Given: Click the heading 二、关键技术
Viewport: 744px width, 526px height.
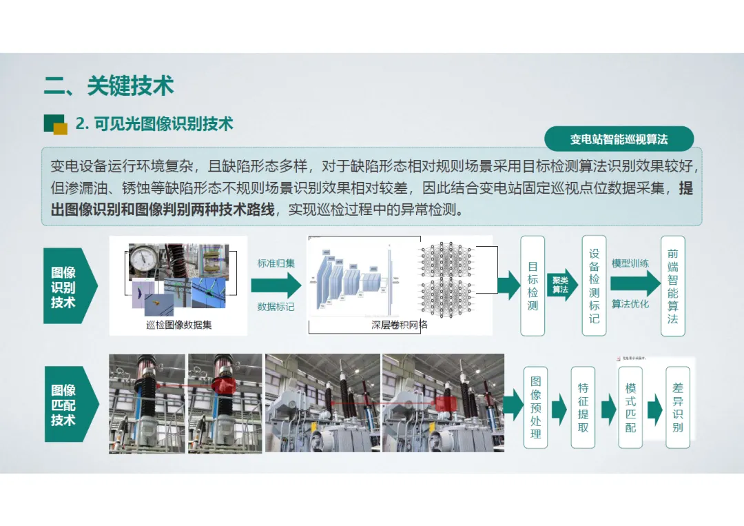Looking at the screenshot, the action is [109, 86].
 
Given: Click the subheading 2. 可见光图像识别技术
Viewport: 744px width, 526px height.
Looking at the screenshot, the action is [154, 124].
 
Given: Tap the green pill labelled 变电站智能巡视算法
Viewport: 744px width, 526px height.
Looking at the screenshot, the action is [619, 139].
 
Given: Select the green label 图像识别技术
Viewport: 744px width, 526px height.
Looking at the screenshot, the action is [64, 287].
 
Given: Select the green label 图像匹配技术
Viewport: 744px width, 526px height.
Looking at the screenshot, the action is [64, 405].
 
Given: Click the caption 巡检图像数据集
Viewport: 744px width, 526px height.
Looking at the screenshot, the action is [179, 325].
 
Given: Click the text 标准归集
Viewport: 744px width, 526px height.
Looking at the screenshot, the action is [276, 263].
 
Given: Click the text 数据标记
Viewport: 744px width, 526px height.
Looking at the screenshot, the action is [276, 306].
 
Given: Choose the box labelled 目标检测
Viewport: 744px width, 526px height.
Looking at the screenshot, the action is [533, 285].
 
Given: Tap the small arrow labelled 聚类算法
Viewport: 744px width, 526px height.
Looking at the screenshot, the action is [561, 285].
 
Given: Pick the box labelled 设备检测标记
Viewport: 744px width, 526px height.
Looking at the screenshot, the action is [594, 285].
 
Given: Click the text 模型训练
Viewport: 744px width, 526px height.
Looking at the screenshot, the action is [630, 263].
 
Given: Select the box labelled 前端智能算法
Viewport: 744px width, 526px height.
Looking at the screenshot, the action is [673, 285].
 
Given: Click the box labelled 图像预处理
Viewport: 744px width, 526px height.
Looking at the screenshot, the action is [536, 407].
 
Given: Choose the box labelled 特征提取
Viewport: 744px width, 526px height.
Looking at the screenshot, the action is [583, 407].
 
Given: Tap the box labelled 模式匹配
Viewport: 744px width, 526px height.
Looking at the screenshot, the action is [630, 407].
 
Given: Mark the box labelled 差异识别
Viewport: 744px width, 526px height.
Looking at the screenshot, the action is [678, 407].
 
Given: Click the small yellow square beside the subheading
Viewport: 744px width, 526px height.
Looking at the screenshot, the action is [61, 129].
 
